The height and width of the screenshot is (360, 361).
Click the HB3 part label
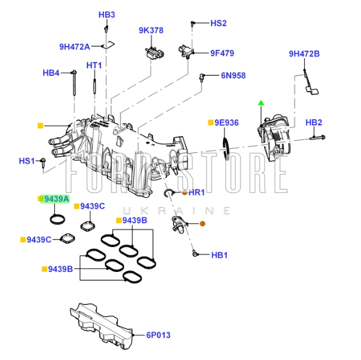[107, 15]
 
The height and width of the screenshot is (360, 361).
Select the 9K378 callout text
[151, 30]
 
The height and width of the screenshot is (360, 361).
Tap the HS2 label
[219, 24]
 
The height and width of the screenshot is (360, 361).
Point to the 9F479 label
[222, 53]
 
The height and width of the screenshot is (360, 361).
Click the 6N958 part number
[233, 76]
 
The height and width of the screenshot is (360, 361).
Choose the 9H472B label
[304, 54]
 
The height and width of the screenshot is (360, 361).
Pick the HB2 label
[314, 122]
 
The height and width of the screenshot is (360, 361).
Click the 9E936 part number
[226, 122]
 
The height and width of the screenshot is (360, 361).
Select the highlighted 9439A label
[56, 199]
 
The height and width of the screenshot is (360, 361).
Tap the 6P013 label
[158, 335]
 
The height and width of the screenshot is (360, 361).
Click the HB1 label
[219, 255]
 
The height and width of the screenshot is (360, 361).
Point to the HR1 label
[196, 193]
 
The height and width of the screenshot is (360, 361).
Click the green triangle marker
[260, 103]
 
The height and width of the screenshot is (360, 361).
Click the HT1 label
[95, 65]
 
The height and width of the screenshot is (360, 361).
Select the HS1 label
[27, 160]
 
